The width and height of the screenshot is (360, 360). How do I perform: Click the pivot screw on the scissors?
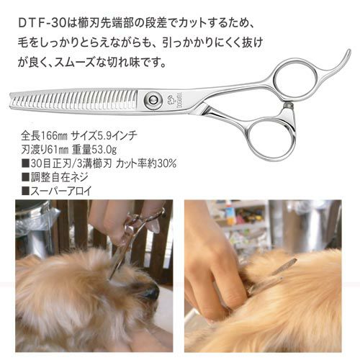pos(152,99)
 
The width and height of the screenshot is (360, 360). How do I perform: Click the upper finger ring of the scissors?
pos(296,74)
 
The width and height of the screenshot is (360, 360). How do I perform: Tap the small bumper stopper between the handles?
pos(288,104)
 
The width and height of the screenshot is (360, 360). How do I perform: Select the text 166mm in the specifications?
pos(55,136)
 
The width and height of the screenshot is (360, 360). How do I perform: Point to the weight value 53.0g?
pos(104,150)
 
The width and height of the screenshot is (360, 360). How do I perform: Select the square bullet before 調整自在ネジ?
pos(25,178)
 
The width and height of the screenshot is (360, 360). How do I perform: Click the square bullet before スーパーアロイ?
pos(25,192)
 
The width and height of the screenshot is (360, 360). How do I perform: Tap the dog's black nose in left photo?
pos(150,292)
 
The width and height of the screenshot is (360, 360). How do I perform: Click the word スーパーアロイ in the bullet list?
pos(61,192)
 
